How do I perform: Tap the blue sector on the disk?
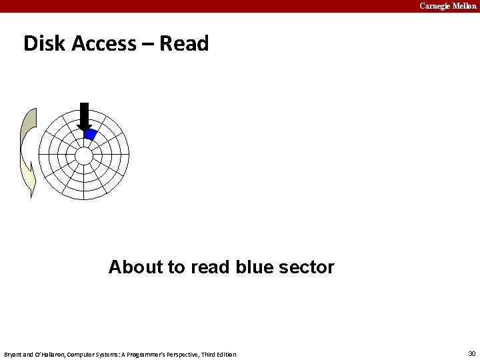90,134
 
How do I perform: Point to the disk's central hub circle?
84,155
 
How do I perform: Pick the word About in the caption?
135,267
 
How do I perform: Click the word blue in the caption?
254,267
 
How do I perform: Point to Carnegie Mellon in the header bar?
447,6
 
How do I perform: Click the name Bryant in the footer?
13,354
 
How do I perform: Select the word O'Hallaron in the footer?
47,354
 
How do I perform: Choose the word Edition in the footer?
225,354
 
